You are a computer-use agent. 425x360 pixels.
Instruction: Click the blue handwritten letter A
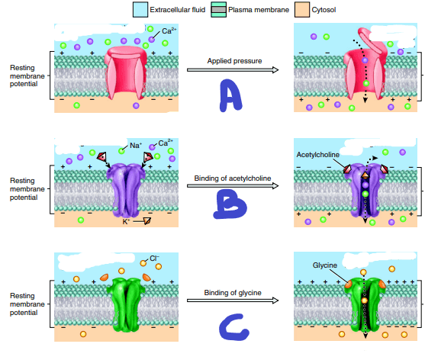coord(230,95)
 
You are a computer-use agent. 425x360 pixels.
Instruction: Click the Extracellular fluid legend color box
coord(140,9)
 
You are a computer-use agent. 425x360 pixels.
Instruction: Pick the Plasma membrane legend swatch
coord(218,9)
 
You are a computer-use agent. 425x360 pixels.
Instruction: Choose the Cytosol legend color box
coord(302,9)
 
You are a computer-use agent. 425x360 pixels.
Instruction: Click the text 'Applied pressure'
coord(234,61)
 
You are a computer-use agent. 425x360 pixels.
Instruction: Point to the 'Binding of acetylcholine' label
coord(233,178)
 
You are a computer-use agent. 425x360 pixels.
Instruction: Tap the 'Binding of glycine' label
coord(233,293)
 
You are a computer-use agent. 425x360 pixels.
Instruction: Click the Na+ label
coord(136,146)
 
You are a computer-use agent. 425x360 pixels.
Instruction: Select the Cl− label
coord(154,258)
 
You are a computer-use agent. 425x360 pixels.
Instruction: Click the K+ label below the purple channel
coord(126,222)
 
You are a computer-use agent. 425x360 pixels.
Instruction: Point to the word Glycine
coord(325,265)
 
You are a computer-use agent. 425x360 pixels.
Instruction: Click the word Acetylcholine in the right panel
coord(317,155)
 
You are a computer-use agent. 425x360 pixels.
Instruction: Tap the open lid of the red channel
coord(372,40)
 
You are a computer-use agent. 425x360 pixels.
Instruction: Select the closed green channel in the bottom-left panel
coord(127,304)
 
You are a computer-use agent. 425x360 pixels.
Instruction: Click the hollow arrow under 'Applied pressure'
coord(233,70)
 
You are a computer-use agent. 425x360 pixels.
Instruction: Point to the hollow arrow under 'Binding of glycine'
coord(233,301)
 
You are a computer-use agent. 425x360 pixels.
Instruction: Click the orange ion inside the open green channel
coord(364,301)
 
